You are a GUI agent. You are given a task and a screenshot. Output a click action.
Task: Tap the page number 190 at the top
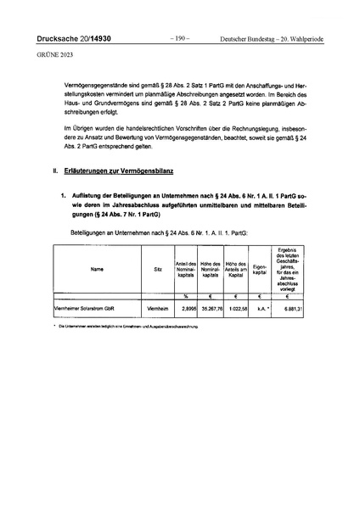[179, 38]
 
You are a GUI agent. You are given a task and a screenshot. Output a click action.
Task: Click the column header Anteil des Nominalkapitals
[185, 269]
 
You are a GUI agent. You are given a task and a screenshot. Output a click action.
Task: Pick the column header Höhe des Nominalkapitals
[211, 269]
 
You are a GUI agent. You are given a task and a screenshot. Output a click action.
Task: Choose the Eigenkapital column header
[261, 269]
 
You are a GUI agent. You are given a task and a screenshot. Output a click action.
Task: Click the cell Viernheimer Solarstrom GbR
[83, 309]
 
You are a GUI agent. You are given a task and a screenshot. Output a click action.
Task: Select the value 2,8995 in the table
[187, 309]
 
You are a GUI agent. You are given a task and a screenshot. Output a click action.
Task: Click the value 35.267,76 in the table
[211, 309]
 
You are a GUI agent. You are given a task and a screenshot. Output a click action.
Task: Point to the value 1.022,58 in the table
[237, 309]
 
